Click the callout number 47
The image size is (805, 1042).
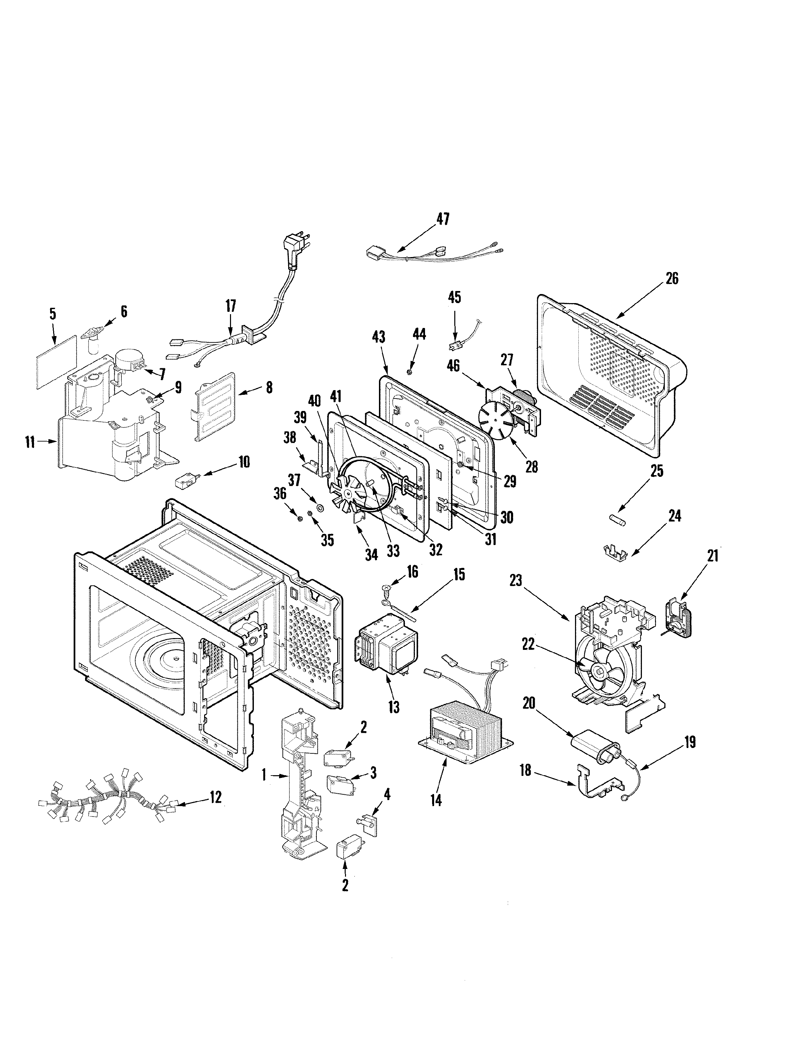[x=443, y=219]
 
